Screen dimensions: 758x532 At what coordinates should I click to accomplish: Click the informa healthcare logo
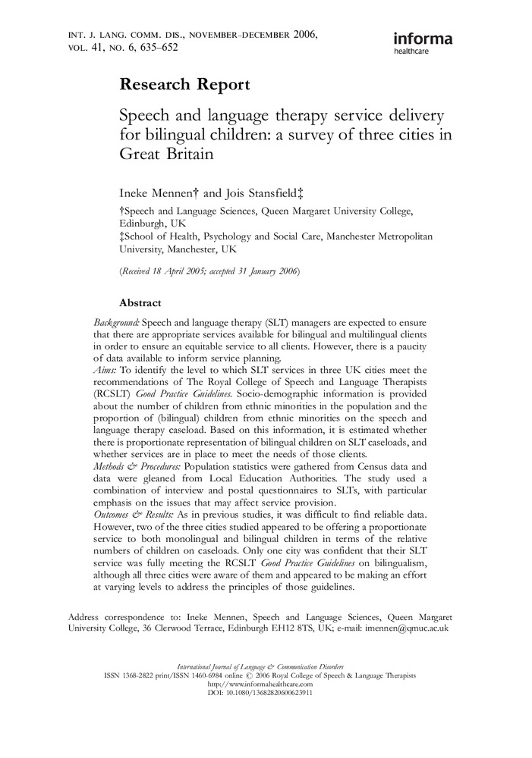[423, 43]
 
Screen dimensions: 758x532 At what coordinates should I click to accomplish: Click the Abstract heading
[140, 303]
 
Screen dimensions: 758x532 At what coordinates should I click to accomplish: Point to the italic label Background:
[116, 322]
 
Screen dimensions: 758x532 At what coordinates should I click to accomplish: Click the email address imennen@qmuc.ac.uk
[414, 628]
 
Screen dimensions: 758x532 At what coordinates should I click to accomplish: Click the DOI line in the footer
[265, 692]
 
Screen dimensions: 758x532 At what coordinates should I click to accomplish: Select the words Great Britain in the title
[164, 152]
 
